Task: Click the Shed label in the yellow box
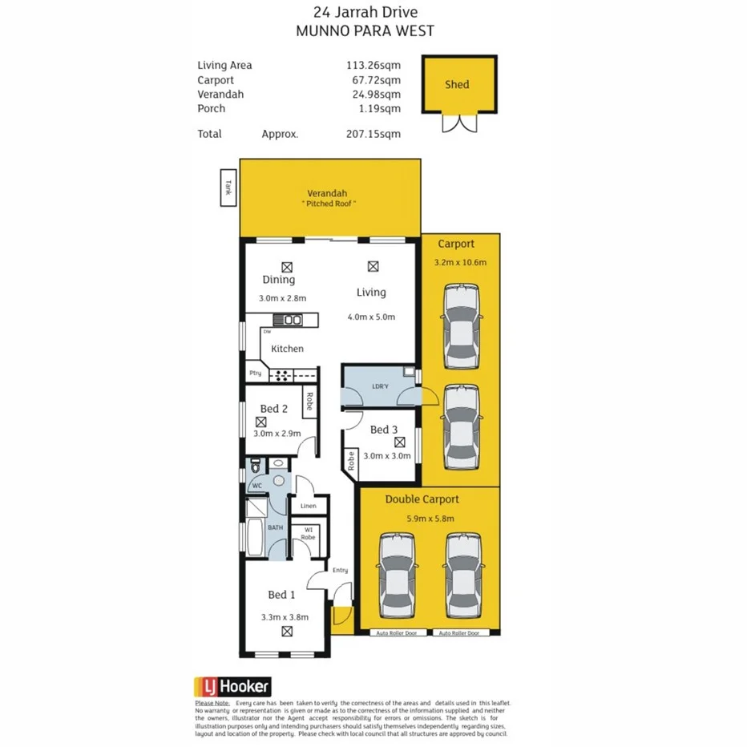457,84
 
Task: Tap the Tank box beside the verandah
228,188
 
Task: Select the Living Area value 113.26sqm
373,66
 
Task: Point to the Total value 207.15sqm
373,134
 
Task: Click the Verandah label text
327,193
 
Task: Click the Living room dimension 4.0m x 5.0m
371,317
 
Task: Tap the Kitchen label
287,349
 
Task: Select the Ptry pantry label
255,373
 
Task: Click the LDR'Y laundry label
380,387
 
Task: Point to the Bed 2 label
273,409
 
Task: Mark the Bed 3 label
384,430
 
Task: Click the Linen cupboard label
309,506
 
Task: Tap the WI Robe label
309,533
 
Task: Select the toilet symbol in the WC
256,465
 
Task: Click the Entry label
340,570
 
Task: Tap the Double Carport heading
422,499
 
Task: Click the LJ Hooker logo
233,687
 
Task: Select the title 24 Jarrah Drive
365,12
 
